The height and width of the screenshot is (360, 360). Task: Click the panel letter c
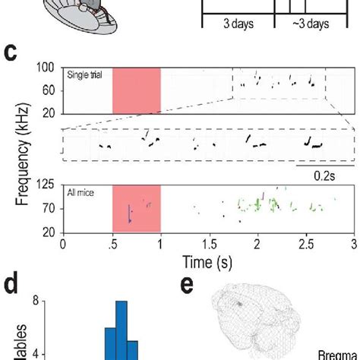pos(12,54)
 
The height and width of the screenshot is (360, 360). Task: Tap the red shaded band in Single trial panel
pos(136,91)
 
